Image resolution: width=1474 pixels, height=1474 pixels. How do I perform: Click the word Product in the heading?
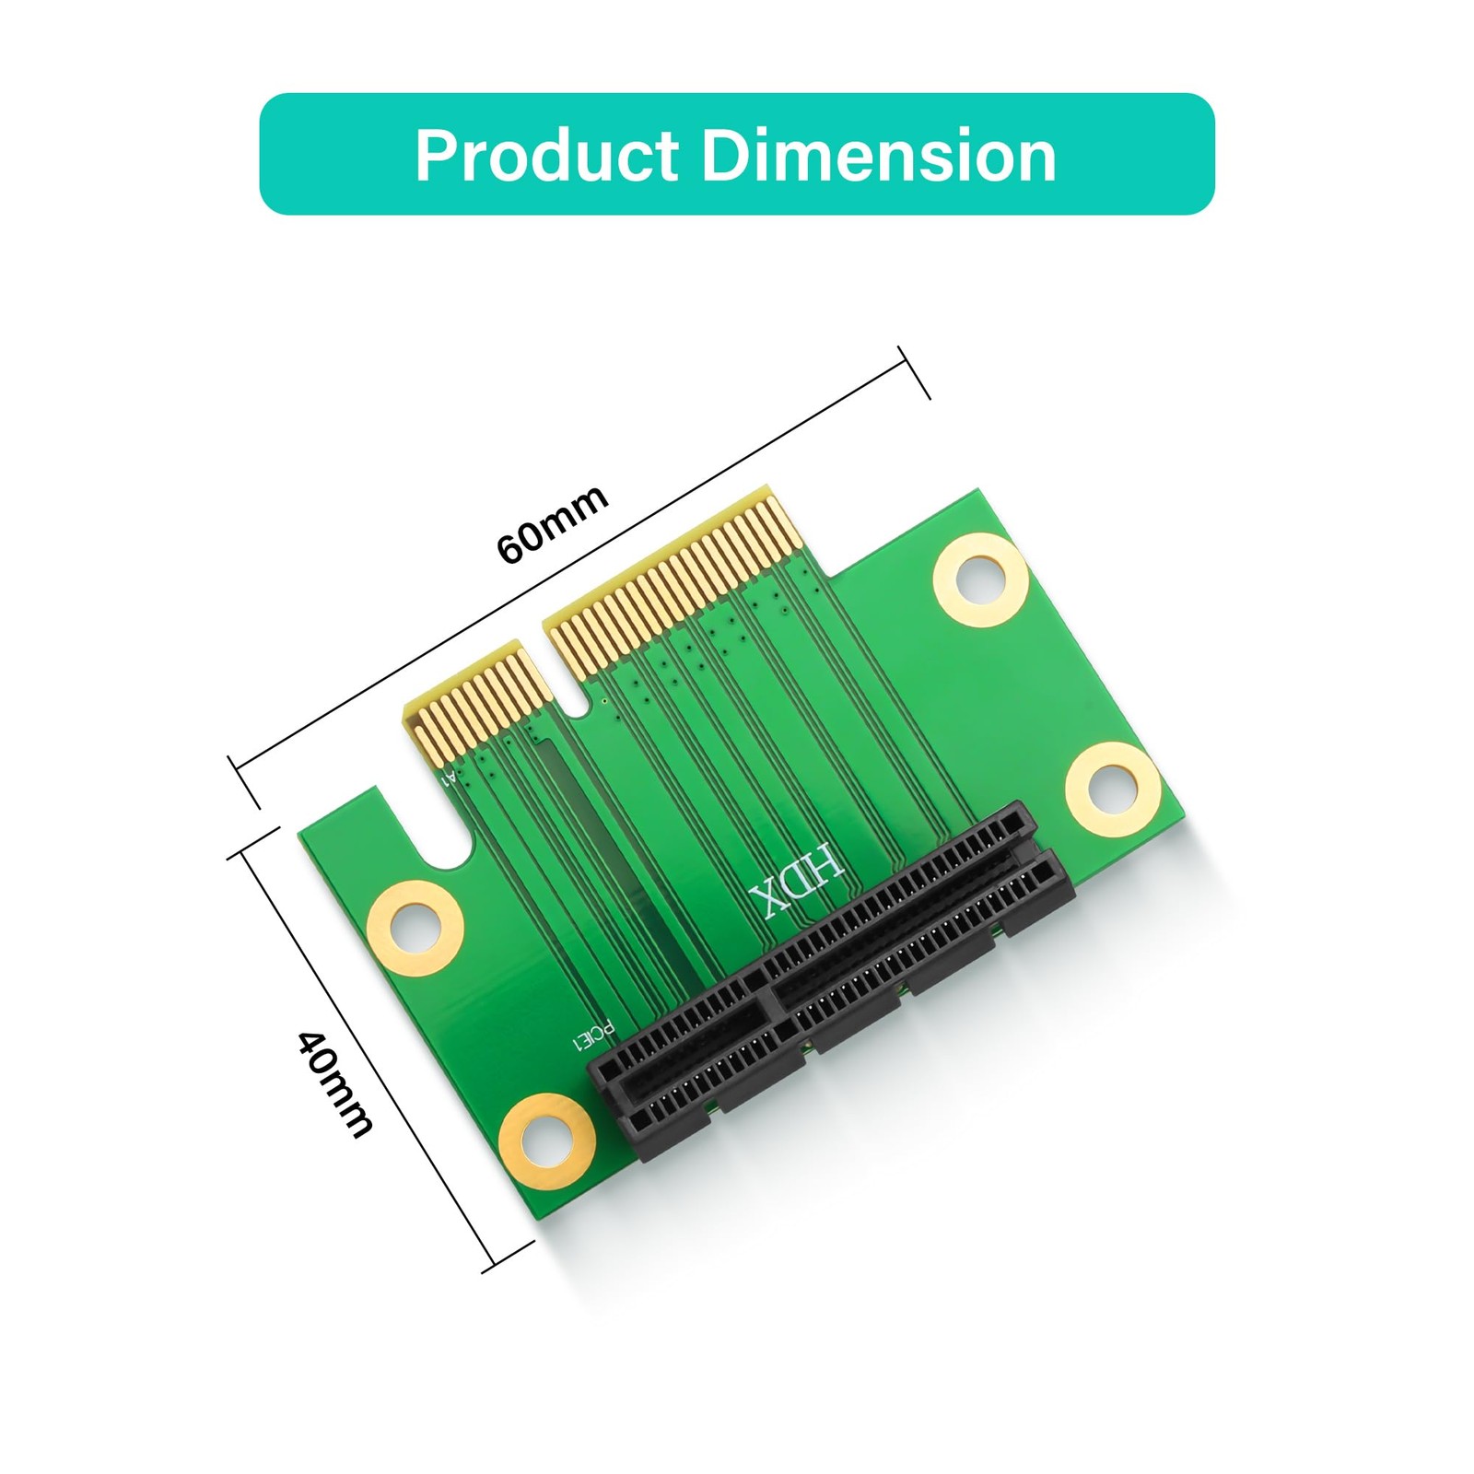pyautogui.click(x=547, y=155)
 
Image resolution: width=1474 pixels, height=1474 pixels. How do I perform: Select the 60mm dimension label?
pyautogui.click(x=552, y=523)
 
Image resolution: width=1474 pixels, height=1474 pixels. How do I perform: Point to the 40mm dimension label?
pyautogui.click(x=335, y=1083)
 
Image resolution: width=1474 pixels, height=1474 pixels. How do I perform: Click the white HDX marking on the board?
pyautogui.click(x=796, y=879)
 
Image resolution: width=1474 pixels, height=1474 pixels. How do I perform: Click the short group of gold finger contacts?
pyautogui.click(x=466, y=706)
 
